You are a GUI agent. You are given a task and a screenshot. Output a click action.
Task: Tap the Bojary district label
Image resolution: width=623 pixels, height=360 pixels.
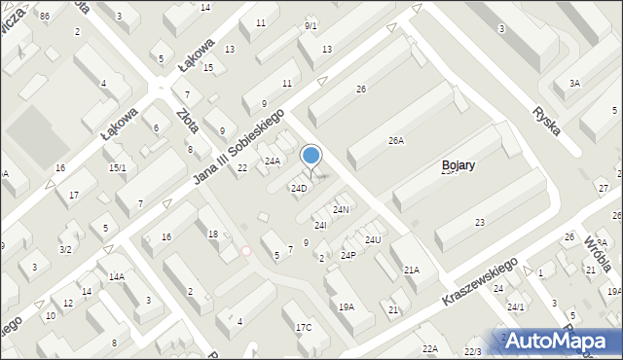(x=458, y=165)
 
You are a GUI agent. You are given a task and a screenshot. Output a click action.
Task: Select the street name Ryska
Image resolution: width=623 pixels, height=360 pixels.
(x=548, y=120)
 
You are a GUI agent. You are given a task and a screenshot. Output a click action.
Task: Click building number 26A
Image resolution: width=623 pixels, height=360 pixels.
(x=395, y=141)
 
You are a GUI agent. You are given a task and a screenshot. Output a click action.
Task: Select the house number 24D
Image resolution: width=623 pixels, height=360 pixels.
(x=299, y=188)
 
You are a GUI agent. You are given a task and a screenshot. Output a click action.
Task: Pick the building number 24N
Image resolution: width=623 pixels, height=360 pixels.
(x=341, y=209)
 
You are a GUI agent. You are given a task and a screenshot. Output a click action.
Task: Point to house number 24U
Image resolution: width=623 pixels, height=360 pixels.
(x=373, y=239)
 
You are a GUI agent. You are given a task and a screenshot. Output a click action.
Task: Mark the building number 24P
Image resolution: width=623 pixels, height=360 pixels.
(x=348, y=256)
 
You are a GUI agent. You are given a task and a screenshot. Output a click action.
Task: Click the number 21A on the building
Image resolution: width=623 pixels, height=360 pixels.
(x=412, y=270)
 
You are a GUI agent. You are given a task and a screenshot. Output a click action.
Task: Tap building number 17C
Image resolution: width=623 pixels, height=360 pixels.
(x=304, y=327)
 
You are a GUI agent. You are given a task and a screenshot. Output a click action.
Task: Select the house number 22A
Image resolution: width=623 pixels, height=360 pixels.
(x=429, y=348)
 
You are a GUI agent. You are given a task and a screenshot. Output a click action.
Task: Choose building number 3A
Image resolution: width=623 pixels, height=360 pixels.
(x=574, y=84)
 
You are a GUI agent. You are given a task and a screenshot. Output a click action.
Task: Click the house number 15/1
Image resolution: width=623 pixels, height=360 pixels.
(x=117, y=168)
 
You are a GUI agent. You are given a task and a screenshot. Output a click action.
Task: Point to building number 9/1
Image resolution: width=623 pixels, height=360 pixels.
(x=311, y=25)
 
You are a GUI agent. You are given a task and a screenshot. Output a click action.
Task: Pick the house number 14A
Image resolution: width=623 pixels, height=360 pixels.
(x=116, y=276)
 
